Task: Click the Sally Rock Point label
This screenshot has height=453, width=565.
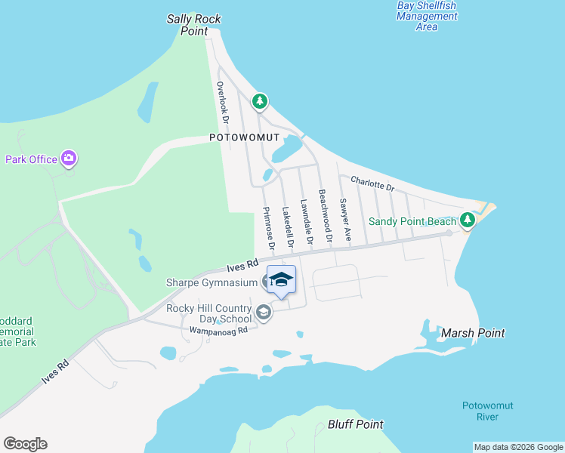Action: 199,24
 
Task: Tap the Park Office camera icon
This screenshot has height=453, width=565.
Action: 69,159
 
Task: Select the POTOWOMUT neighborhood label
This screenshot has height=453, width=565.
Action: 245,138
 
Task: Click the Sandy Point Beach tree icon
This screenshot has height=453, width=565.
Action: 468,220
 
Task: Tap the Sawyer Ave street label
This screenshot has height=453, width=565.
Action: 346,220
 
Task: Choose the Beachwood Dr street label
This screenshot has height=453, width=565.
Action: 325,216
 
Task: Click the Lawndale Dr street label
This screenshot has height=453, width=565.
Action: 306,221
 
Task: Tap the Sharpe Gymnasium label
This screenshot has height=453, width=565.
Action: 213,282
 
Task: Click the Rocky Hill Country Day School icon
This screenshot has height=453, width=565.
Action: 264,312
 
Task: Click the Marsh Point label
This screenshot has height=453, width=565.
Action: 473,333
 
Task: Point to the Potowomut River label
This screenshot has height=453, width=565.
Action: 487,411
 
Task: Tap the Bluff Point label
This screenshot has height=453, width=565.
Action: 356,424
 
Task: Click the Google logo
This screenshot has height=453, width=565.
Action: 25,444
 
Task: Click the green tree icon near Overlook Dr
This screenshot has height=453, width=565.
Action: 260,100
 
